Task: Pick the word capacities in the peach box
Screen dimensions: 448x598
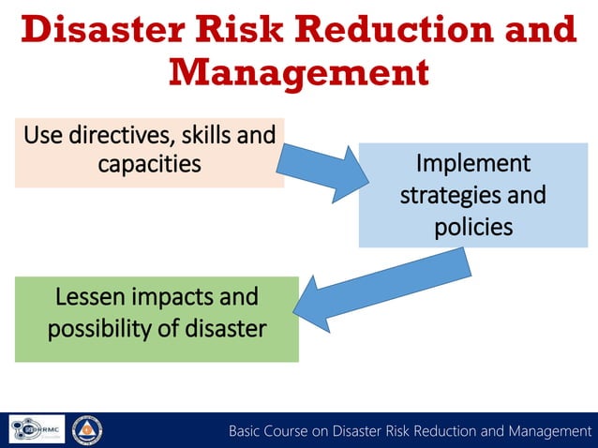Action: point(150,164)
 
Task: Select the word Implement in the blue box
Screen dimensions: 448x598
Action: point(472,164)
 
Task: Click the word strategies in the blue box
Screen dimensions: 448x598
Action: point(446,196)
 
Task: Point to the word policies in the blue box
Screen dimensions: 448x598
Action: point(472,227)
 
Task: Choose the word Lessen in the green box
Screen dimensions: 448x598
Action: point(90,297)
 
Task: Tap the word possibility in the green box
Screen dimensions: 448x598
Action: point(97,329)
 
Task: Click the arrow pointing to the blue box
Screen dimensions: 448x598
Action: point(323,172)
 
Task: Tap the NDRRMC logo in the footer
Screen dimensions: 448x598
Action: point(37,429)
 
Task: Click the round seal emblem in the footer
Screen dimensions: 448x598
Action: point(87,430)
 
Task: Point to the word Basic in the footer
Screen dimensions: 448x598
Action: point(249,431)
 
